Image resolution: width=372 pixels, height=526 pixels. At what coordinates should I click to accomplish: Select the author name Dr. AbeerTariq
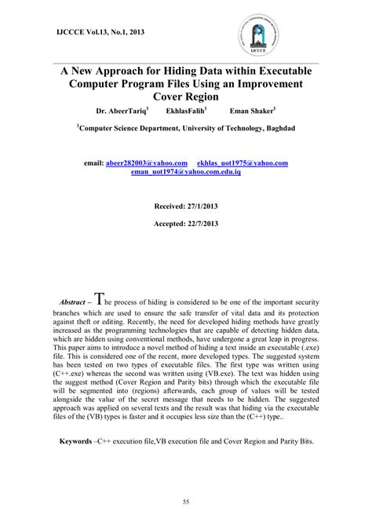124,111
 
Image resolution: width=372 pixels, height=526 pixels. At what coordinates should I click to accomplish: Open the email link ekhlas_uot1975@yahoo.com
247,163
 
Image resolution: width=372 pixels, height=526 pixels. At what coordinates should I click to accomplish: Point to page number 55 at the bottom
186,501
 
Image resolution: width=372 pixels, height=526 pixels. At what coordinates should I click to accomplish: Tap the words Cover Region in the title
186,97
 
